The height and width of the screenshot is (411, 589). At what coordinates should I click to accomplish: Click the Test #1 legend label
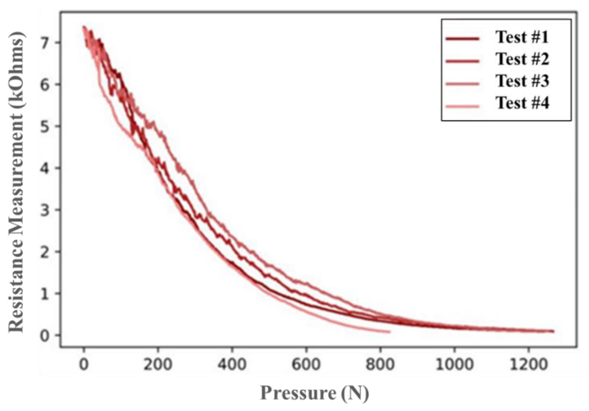pos(522,37)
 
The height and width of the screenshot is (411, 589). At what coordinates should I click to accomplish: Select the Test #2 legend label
pos(522,59)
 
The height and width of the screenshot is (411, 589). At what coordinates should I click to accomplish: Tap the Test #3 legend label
pos(522,81)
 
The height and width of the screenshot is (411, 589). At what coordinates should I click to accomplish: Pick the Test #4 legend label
pos(522,103)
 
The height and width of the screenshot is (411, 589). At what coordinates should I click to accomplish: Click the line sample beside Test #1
pos(462,39)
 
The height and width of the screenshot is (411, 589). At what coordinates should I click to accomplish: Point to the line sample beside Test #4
pos(462,106)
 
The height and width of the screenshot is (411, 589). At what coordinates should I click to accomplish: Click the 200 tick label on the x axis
pos(158,365)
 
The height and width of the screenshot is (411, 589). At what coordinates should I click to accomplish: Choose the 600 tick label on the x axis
pos(306,365)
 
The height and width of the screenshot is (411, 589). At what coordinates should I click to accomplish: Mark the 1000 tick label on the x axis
pos(454,365)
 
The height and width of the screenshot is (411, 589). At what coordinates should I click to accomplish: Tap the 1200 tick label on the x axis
pos(528,365)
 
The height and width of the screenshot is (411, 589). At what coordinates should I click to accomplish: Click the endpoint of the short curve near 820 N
pos(390,332)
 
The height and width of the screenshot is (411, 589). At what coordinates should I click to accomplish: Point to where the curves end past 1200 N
pos(553,331)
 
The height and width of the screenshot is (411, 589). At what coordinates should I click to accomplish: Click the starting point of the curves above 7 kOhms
pos(84,27)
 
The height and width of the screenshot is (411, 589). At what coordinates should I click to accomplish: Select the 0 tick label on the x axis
pos(84,365)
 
